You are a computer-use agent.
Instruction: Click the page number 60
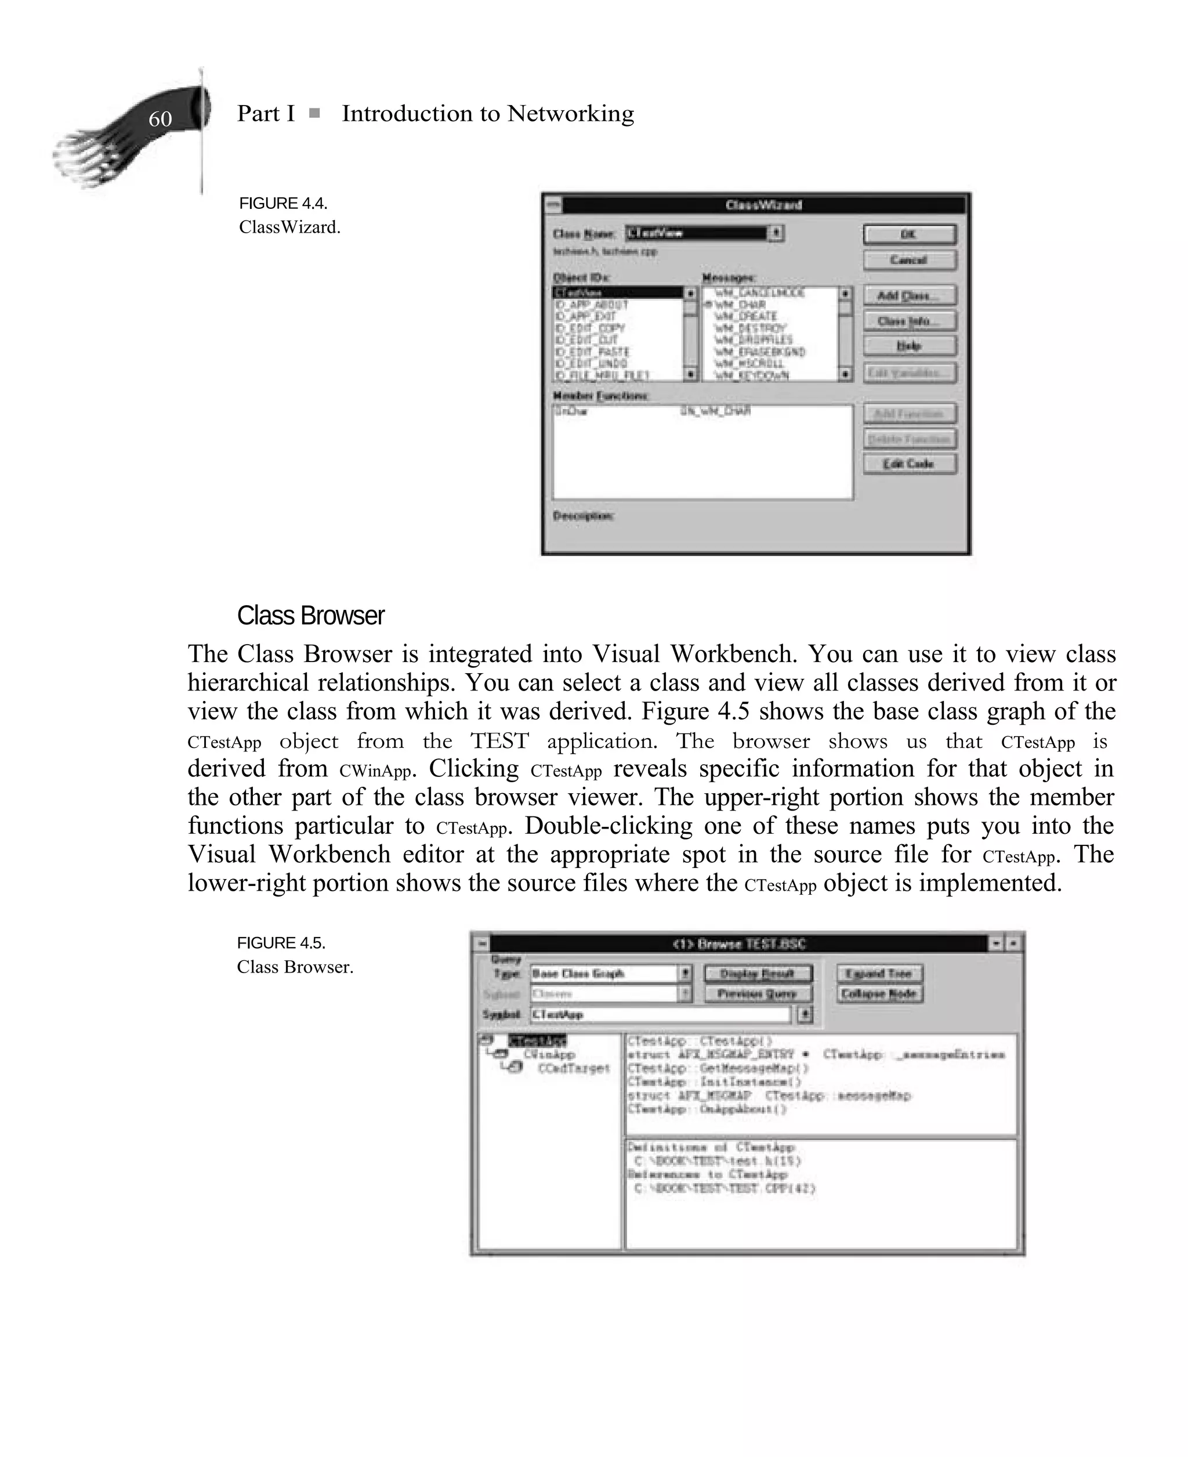(x=160, y=119)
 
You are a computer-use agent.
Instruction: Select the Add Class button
(x=909, y=296)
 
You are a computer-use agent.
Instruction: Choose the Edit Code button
(x=909, y=464)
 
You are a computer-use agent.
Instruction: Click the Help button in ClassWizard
(x=909, y=346)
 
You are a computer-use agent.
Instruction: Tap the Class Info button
(x=909, y=321)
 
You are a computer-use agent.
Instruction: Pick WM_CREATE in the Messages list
(x=745, y=316)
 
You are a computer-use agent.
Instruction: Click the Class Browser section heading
(x=311, y=616)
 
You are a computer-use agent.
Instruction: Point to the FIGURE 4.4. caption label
(x=282, y=203)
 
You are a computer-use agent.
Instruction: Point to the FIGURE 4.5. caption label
(x=281, y=943)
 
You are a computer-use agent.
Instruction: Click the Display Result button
(x=758, y=973)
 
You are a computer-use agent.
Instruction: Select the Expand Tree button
(x=879, y=973)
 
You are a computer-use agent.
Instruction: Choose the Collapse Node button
(x=879, y=994)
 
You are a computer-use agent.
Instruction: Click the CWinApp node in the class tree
(x=549, y=1054)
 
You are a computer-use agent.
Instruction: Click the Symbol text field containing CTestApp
(x=660, y=1014)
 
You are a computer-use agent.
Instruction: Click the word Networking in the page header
(x=570, y=114)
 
